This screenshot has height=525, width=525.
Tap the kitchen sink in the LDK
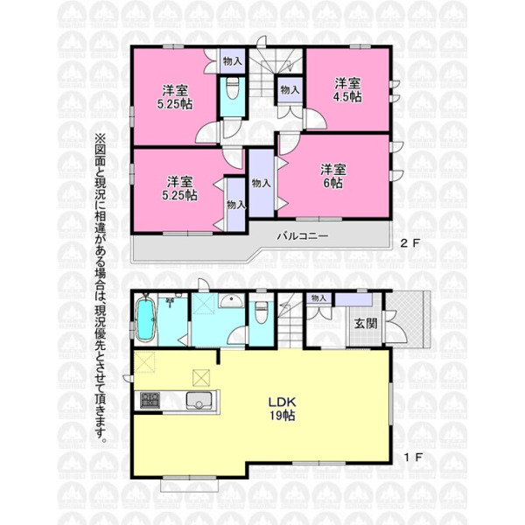click(x=199, y=401)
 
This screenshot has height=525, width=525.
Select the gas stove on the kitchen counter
click(x=150, y=401)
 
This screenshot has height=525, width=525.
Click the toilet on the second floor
click(x=233, y=88)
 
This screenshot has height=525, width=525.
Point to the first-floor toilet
click(x=262, y=312)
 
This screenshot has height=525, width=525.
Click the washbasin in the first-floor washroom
click(x=231, y=300)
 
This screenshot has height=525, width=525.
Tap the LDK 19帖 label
click(x=283, y=409)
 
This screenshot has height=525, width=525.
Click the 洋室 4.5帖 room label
click(x=347, y=90)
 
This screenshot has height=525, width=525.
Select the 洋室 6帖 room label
click(x=332, y=177)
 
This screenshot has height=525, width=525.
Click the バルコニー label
click(x=303, y=236)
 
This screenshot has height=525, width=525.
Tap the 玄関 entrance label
click(x=366, y=323)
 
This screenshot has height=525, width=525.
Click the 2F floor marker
click(x=410, y=243)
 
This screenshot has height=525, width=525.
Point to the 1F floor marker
click(x=414, y=457)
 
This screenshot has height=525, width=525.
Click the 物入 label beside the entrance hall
click(x=318, y=297)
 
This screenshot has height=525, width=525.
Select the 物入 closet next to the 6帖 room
click(x=261, y=183)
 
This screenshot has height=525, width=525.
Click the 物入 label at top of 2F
click(x=233, y=61)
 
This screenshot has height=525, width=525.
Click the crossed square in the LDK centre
click(x=201, y=378)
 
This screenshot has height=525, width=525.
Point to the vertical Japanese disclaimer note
click(x=101, y=288)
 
